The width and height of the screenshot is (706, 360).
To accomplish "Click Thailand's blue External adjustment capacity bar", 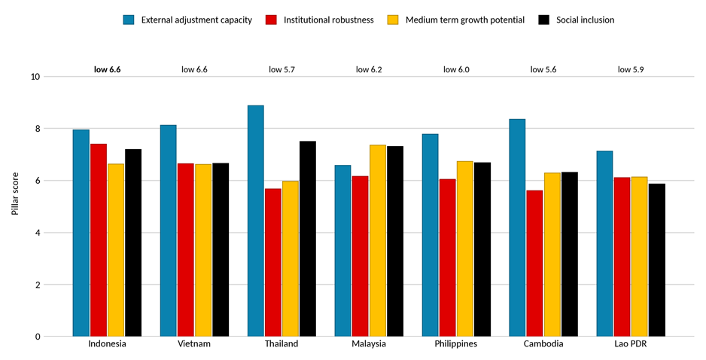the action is [256, 221].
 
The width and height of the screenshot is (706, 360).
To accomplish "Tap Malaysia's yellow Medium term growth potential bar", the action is [378, 240].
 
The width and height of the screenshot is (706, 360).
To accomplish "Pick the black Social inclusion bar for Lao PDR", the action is [657, 260].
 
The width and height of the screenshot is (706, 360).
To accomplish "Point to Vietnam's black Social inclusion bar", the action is [221, 249].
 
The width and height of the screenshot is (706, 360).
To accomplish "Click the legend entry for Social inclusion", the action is [577, 20].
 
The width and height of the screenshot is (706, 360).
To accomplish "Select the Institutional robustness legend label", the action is [329, 20].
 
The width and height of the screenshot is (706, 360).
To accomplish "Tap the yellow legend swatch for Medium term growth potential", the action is [392, 20].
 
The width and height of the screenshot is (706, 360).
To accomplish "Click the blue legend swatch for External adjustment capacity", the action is [129, 20].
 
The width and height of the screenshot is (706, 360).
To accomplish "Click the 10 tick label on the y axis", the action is [35, 77].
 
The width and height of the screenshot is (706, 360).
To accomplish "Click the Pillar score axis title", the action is [15, 194].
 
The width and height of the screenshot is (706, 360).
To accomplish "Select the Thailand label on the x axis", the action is [281, 343].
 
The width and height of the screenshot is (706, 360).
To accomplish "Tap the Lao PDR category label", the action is [631, 343].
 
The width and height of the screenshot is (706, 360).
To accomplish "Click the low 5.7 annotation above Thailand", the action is [281, 69].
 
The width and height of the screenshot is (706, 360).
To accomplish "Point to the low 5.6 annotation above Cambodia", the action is [543, 69].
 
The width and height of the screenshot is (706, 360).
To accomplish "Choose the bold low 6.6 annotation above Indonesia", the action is [107, 69].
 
